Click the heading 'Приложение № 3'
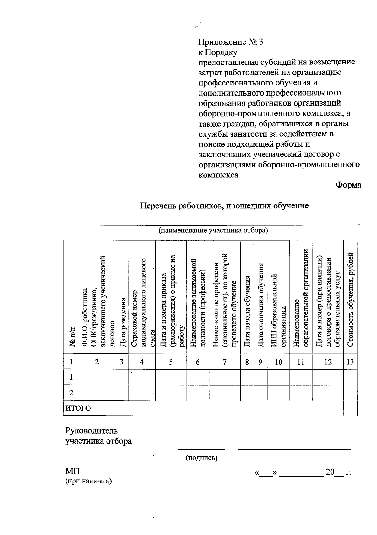coord(230,42)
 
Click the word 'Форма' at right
coord(348,185)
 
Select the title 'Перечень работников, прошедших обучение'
coord(224,206)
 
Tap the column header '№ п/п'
coord(71,336)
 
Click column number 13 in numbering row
coord(350,362)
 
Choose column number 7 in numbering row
coord(224,362)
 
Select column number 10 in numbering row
coord(278,362)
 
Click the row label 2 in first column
coord(71,393)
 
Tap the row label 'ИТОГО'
coord(78,408)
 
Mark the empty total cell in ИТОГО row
coord(350,408)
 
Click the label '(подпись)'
coord(201,458)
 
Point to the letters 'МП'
coord(73,472)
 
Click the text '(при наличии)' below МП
coord(89,481)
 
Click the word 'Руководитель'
coord(92,430)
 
